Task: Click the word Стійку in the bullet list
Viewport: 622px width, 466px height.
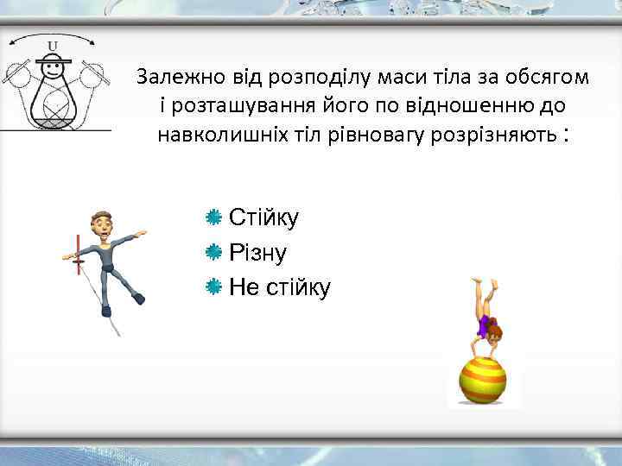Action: (263, 217)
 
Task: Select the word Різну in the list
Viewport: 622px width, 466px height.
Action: (257, 252)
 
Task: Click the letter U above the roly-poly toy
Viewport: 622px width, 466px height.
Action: (53, 45)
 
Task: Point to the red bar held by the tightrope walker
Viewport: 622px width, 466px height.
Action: (78, 254)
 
